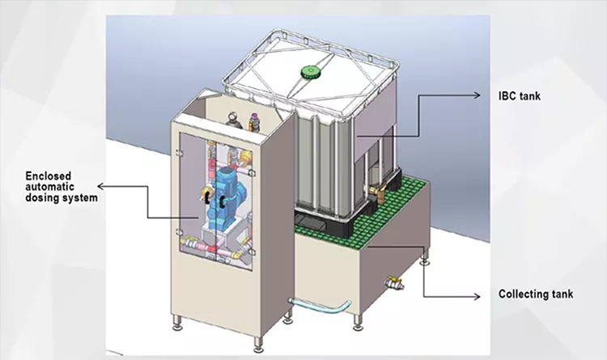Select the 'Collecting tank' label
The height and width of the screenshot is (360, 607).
pyautogui.click(x=535, y=294)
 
